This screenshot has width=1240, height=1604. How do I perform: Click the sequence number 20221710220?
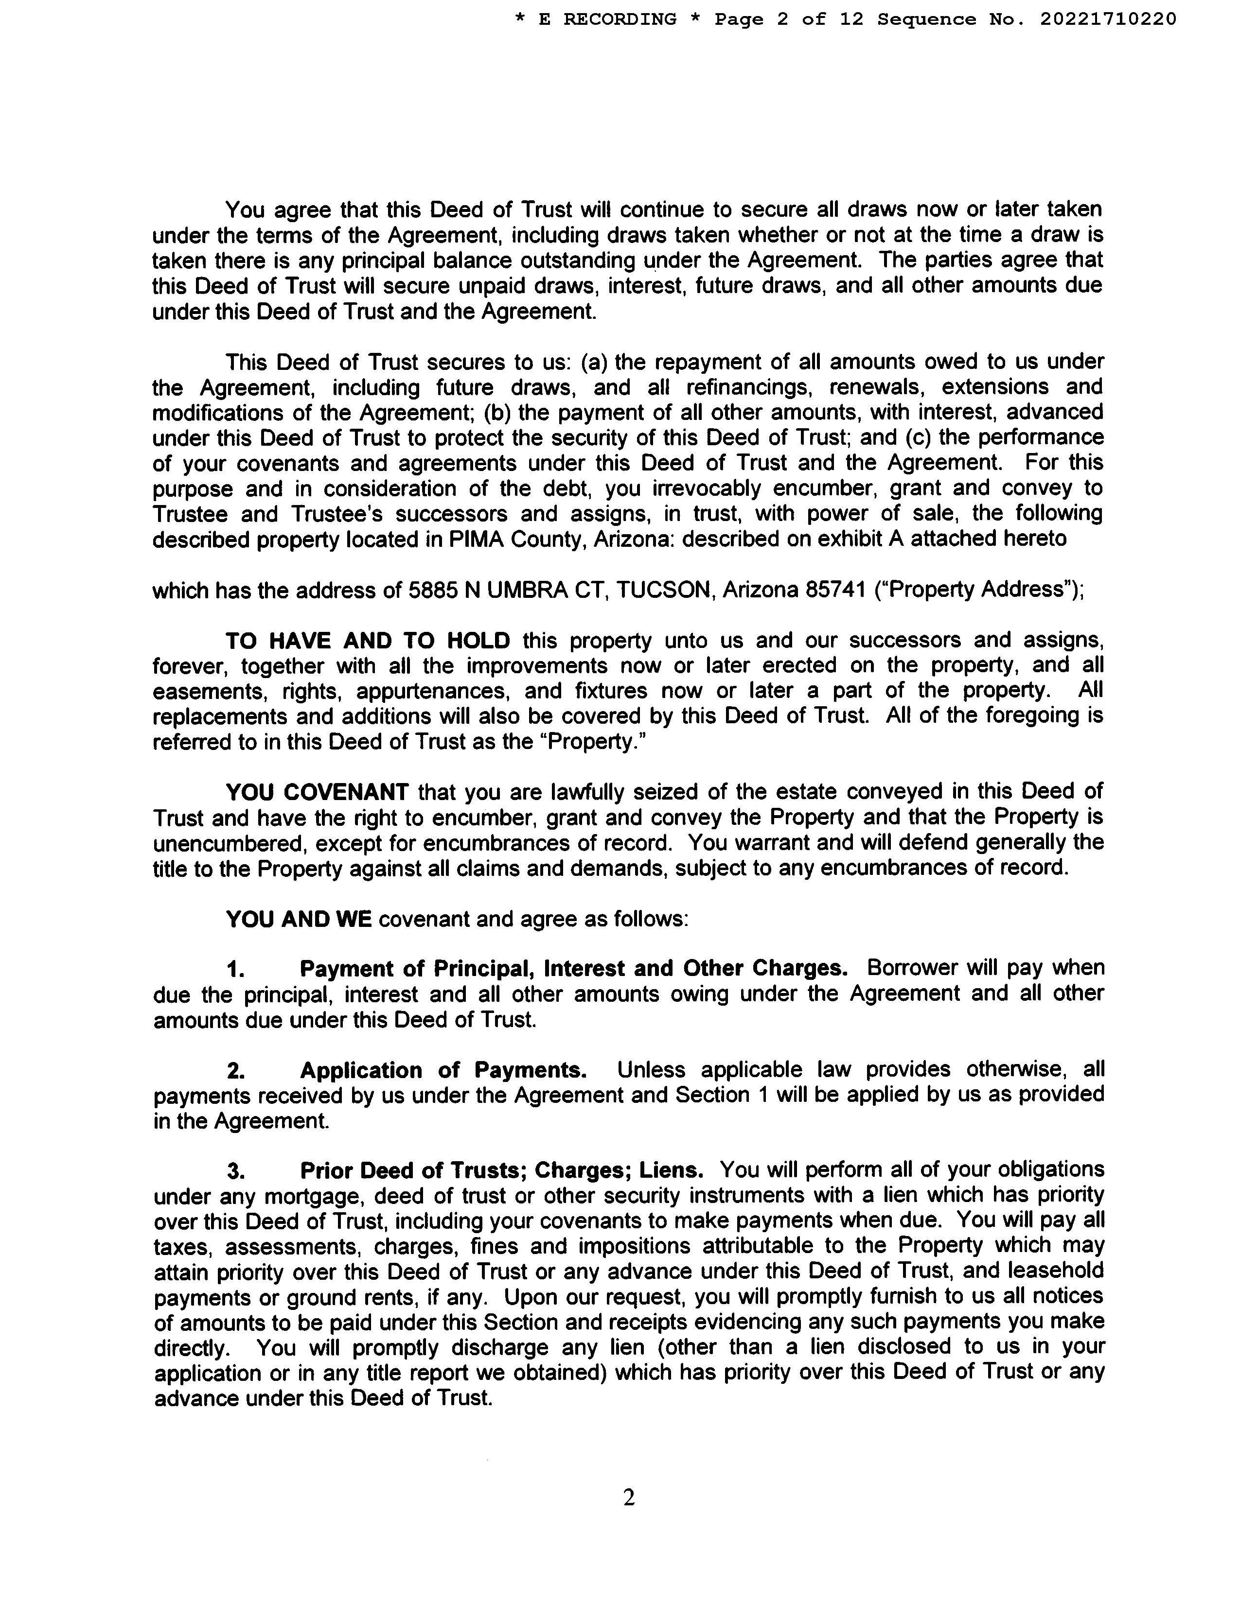1108,19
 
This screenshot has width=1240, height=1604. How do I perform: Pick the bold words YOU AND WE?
298,919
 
